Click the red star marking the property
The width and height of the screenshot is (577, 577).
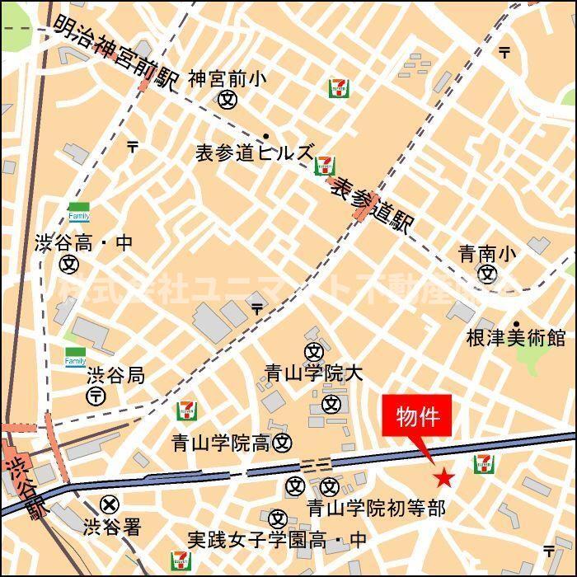(x=444, y=477)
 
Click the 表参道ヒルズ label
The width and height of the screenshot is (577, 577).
(x=254, y=152)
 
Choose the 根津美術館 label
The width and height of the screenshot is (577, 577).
(x=516, y=338)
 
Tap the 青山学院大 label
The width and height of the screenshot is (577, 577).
(x=313, y=373)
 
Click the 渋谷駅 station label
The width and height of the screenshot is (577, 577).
(x=16, y=485)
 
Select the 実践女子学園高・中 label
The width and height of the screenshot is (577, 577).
(x=276, y=541)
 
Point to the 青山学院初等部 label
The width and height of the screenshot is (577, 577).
(x=376, y=508)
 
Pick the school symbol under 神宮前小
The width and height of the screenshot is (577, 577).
(x=228, y=100)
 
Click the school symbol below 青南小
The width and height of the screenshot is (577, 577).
(x=488, y=274)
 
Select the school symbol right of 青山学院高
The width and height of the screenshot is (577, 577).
(x=283, y=443)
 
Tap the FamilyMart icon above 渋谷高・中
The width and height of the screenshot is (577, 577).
(x=78, y=212)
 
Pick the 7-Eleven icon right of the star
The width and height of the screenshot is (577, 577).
(x=484, y=464)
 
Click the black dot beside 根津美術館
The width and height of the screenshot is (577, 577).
(x=517, y=324)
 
